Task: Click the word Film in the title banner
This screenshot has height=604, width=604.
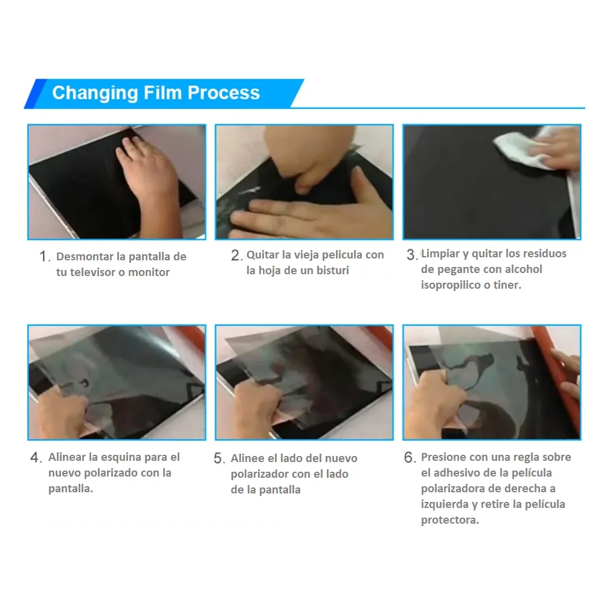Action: (162, 92)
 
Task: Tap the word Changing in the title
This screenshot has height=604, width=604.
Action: (95, 94)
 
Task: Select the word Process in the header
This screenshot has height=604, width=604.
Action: (224, 92)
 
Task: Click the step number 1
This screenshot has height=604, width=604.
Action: (44, 256)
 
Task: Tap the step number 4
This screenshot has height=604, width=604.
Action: (36, 458)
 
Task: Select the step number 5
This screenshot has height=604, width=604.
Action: (219, 458)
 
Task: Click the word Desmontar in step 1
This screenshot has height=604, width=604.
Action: (85, 257)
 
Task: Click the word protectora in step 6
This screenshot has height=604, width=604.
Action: (450, 520)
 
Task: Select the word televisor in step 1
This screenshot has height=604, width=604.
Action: (92, 272)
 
